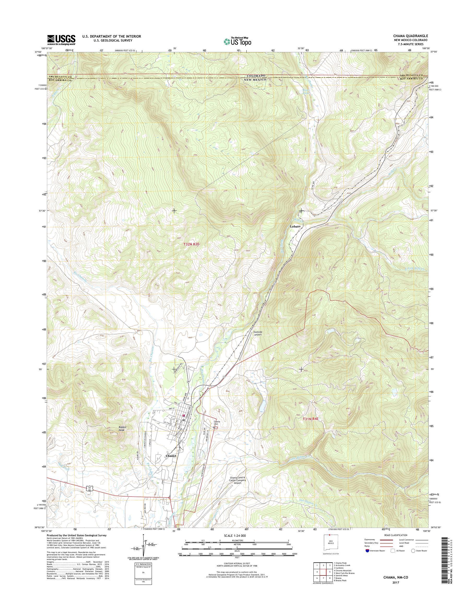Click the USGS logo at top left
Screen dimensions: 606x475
click(61, 40)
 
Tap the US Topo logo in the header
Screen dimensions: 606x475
click(237, 42)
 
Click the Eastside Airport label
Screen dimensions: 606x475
click(258, 333)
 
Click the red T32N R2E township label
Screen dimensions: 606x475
click(192, 244)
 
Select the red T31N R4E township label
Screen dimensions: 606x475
click(312, 418)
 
